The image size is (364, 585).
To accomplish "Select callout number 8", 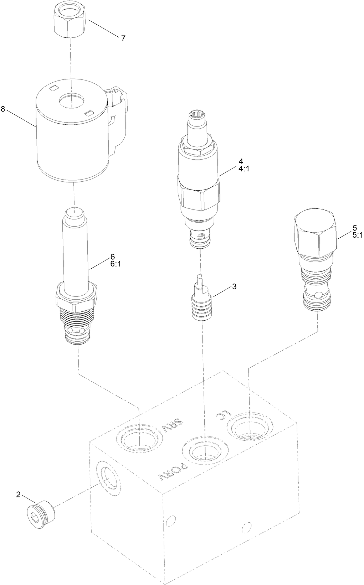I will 3,109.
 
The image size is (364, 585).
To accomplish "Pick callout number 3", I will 234,286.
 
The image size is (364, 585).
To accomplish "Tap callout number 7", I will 123,38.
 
